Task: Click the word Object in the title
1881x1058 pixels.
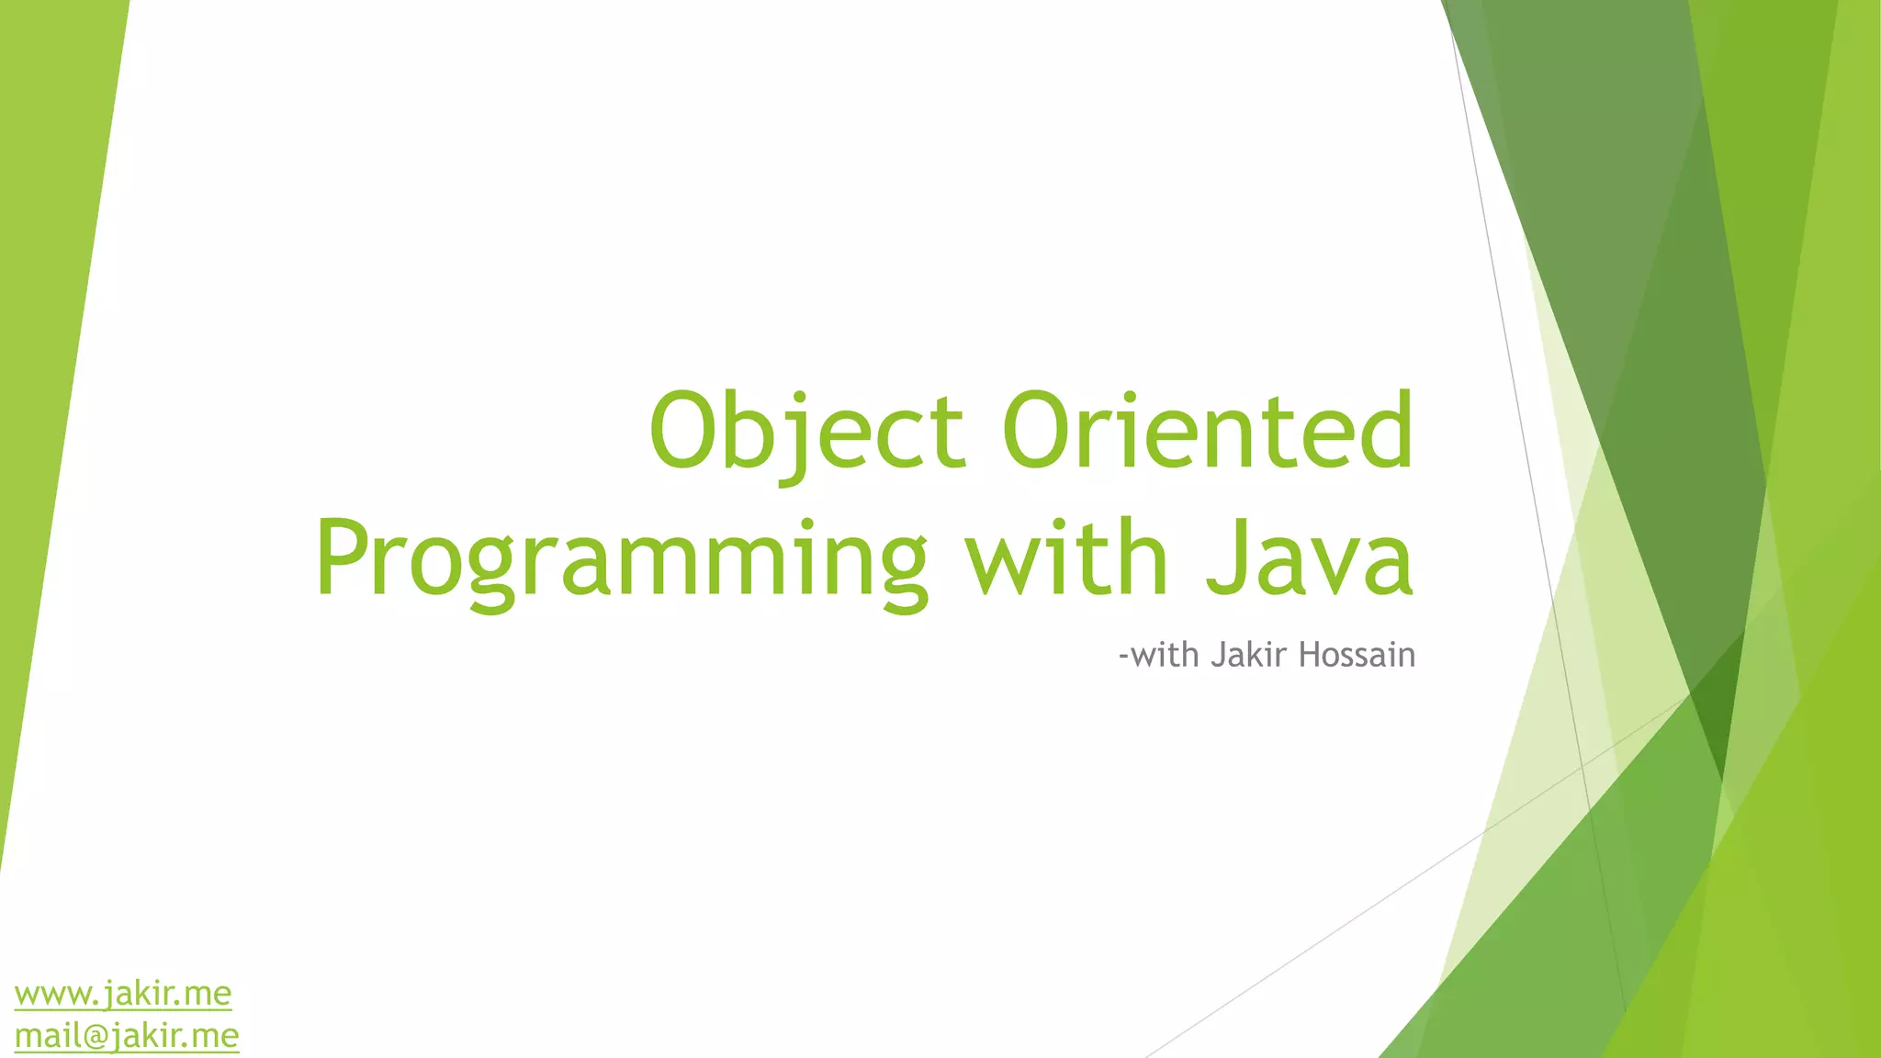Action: (806, 430)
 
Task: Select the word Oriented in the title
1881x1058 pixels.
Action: (1208, 430)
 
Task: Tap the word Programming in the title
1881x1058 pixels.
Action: (621, 558)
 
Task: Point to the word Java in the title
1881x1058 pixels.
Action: (1310, 558)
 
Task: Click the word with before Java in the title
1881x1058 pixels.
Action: (1065, 558)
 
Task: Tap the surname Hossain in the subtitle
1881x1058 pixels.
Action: (1357, 655)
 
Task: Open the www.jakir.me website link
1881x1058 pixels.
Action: (123, 994)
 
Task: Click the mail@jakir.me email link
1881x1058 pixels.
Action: (127, 1036)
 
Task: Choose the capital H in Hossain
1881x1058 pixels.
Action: (1310, 655)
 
